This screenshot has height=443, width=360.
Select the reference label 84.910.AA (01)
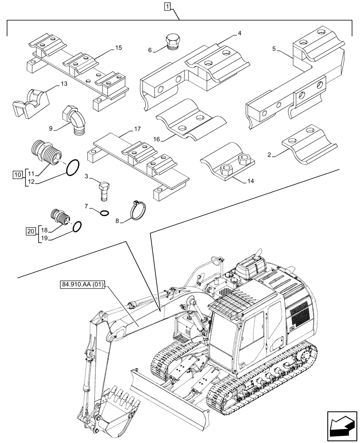click(81, 285)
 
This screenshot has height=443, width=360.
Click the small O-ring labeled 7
click(103, 212)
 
